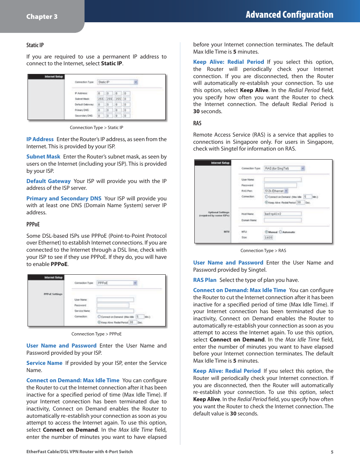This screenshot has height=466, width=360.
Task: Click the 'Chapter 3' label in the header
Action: click(x=42, y=17)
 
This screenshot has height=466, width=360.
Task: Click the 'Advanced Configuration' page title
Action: click(x=289, y=15)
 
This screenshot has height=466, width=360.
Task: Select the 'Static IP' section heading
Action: click(x=35, y=45)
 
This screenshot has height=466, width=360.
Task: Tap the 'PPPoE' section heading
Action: click(x=33, y=224)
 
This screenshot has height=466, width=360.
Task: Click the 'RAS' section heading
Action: click(x=197, y=123)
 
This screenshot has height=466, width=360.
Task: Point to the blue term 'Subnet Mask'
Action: click(x=43, y=157)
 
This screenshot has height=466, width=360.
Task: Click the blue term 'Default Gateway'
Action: click(x=48, y=181)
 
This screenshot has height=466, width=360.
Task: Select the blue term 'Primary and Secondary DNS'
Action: click(x=64, y=198)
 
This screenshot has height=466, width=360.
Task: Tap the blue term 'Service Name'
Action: click(x=44, y=363)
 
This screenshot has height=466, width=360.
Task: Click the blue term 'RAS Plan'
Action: click(x=205, y=280)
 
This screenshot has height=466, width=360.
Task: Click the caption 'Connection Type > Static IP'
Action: click(x=96, y=128)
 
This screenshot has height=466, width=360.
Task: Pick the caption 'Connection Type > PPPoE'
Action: click(x=96, y=334)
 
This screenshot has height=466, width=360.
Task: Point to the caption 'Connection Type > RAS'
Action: click(x=263, y=251)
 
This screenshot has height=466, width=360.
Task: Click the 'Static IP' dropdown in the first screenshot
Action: click(x=118, y=82)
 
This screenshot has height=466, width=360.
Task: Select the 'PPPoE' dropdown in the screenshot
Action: click(x=117, y=283)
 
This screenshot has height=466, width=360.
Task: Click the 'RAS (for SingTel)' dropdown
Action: click(x=284, y=168)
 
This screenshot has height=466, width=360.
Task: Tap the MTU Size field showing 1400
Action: click(x=268, y=238)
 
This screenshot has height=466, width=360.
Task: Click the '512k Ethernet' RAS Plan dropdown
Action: click(x=276, y=191)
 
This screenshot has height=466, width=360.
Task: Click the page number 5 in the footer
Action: click(x=332, y=452)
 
